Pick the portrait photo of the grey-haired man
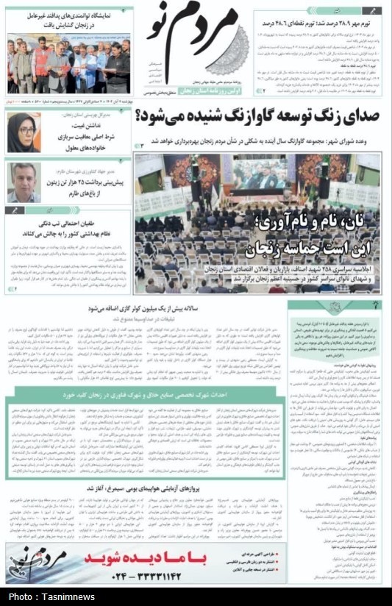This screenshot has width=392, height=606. [23, 182]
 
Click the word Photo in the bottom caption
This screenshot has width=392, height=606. [21, 596]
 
